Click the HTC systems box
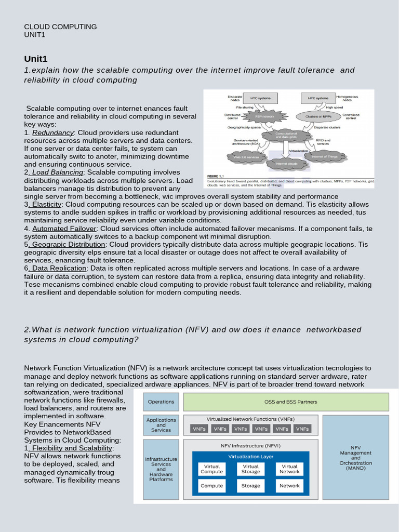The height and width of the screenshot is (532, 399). tap(260, 98)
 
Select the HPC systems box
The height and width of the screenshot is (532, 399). tap(318, 98)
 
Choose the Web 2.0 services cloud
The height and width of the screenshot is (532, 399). tap(246, 156)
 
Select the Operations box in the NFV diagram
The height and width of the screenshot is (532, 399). tap(161, 402)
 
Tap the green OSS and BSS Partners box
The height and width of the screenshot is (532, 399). tap(286, 402)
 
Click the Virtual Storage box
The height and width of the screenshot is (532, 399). tap(250, 469)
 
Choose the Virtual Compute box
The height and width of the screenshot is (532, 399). tap(211, 469)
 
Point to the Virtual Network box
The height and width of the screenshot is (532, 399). tap(289, 469)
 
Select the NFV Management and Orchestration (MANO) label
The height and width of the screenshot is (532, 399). tap(355, 457)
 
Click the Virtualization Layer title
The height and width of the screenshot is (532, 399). tap(250, 457)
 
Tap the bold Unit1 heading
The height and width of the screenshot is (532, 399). tap(36, 58)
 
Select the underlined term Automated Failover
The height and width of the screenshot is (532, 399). tap(64, 229)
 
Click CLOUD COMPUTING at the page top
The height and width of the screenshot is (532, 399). tap(60, 26)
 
